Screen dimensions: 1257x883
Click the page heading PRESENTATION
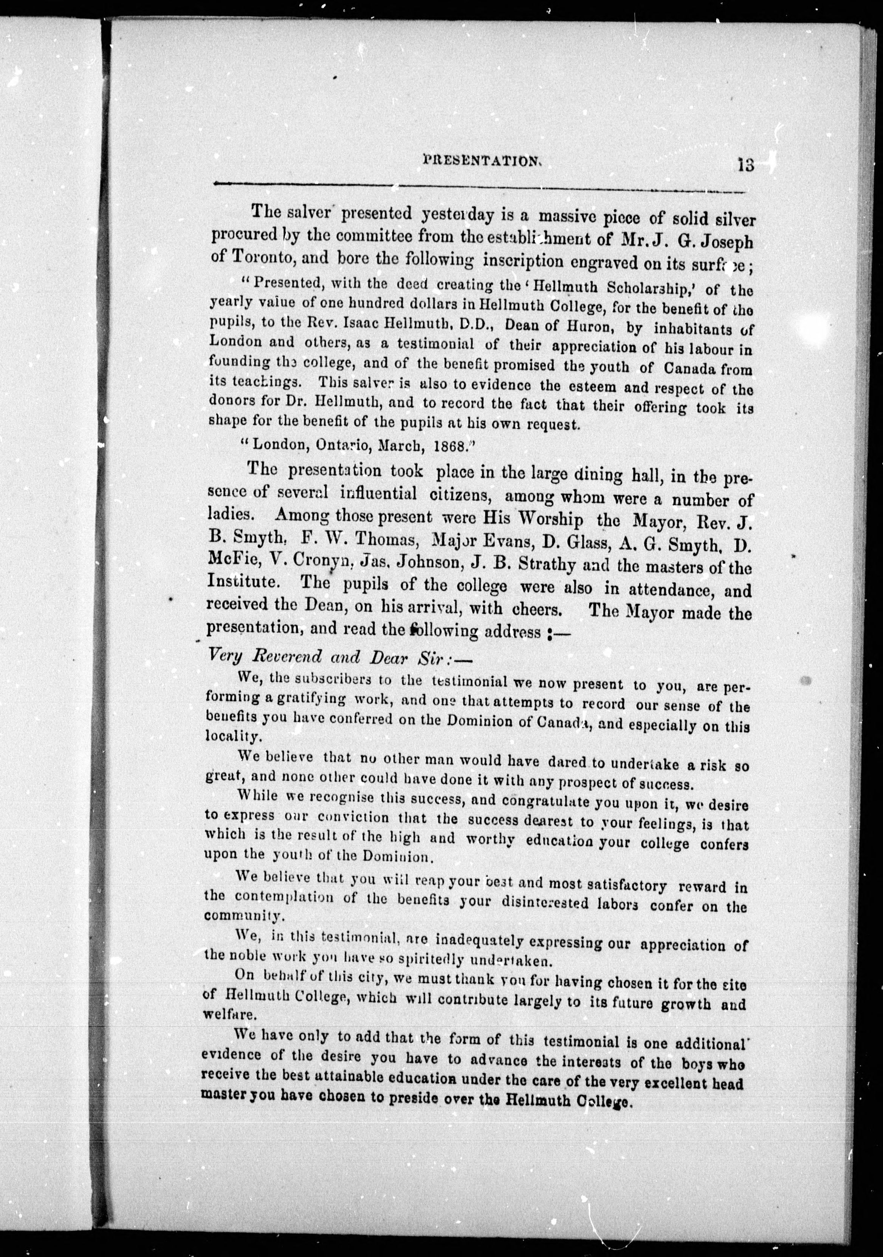pyautogui.click(x=482, y=161)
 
